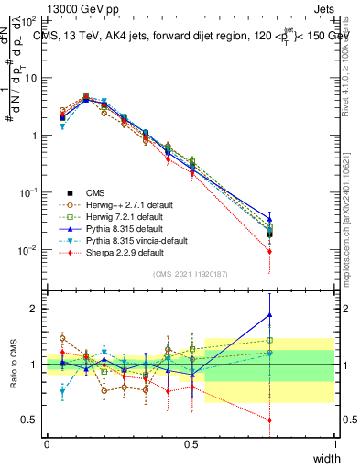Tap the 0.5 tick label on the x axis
[191, 444]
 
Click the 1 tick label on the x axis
[335, 444]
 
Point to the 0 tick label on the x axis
[47, 444]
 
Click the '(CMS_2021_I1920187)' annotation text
[191, 273]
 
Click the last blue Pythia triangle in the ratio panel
[269, 315]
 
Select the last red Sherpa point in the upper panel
[269, 251]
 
